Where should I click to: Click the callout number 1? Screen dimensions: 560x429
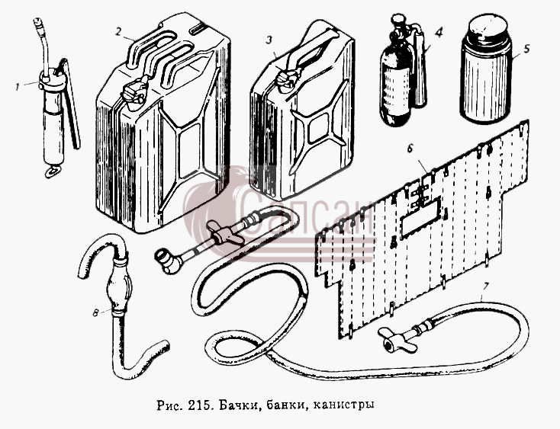coord(17,87)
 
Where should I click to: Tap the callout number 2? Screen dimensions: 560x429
coord(119,31)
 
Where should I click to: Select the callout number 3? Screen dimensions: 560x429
coord(269,40)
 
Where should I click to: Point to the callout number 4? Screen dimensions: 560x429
coord(439,33)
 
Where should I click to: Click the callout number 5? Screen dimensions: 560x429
coord(526,49)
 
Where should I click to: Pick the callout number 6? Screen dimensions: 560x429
coord(410,149)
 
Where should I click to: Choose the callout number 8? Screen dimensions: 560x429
coord(95,312)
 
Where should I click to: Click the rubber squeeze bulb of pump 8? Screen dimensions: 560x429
coord(119,284)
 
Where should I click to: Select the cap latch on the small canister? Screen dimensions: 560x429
coord(288,79)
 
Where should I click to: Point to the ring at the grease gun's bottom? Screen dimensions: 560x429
coord(52,171)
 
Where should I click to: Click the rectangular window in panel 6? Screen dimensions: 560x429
coord(417,219)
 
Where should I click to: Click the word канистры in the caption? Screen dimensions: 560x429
coord(343,405)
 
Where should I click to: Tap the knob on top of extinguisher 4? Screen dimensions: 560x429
coord(397,18)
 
